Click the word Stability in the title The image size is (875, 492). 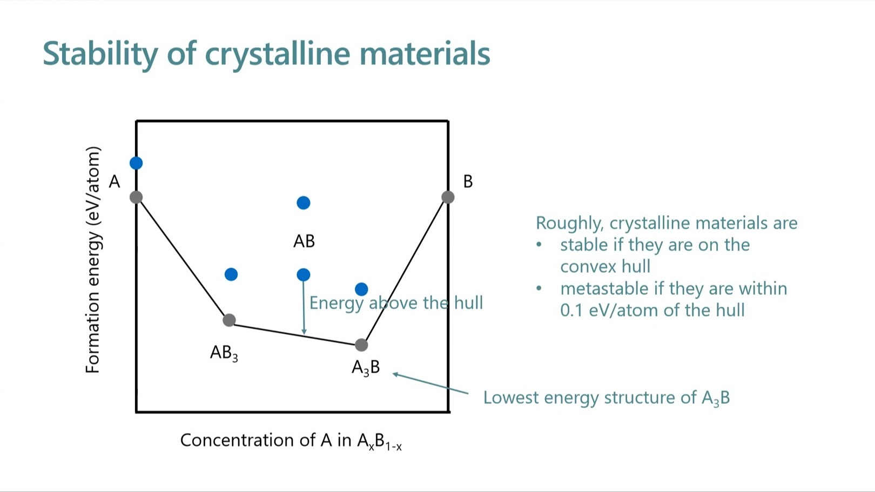point(100,54)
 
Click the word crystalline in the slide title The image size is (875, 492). point(277,54)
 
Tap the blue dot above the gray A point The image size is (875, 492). point(136,163)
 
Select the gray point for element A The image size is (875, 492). point(136,197)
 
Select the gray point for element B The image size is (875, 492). point(448,197)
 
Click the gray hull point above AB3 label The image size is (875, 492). point(230,320)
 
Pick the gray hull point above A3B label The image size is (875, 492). point(361,345)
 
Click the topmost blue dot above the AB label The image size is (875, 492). point(304,203)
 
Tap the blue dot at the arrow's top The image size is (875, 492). point(304,275)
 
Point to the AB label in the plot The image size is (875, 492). point(304,241)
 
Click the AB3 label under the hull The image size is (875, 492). point(224,353)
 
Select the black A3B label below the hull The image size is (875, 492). point(366,367)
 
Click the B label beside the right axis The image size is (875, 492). point(468,181)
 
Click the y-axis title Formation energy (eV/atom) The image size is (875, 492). point(92,260)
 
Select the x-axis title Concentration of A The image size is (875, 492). point(291,441)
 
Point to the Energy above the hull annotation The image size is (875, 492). point(396,303)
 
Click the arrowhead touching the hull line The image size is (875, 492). point(304,332)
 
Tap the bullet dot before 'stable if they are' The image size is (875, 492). point(539,245)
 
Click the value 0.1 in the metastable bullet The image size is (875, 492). point(571,311)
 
